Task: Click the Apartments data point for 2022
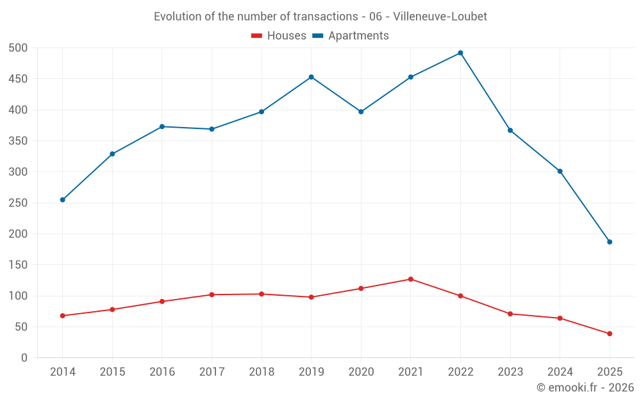point(460,53)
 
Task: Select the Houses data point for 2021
point(411,279)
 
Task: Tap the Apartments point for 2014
point(63,200)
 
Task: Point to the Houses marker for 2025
point(610,334)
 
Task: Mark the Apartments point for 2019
point(312,77)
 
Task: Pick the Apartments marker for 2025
point(610,242)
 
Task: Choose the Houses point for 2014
point(63,316)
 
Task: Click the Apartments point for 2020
point(361,112)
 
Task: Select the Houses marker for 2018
point(262,294)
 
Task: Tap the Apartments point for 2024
point(560,171)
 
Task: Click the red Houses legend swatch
point(256,36)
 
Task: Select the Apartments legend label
point(358,36)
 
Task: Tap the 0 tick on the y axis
point(24,358)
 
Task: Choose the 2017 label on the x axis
point(212,372)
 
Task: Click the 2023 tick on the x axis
point(510,372)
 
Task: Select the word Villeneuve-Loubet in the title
point(440,17)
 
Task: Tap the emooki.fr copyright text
point(585,388)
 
